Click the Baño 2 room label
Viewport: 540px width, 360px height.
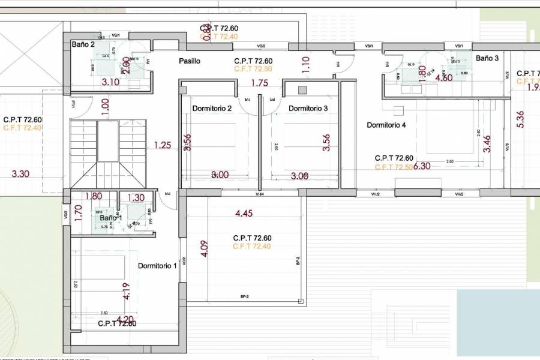(x=83, y=44)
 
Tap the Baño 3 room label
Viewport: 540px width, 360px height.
(x=487, y=58)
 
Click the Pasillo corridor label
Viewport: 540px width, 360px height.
(x=190, y=61)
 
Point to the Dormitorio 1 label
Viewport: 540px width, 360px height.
(x=158, y=266)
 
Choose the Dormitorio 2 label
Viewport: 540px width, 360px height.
(x=212, y=109)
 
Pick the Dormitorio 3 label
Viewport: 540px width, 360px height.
(x=308, y=109)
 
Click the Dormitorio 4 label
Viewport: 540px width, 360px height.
(x=386, y=125)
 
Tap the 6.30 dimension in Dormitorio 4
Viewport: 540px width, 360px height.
(x=422, y=166)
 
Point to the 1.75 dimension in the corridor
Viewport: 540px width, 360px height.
(x=259, y=83)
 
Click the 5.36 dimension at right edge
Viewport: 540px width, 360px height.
(x=520, y=119)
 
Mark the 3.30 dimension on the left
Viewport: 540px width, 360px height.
(x=21, y=174)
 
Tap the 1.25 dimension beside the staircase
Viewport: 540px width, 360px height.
(x=163, y=145)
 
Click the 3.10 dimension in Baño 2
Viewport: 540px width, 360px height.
(x=110, y=82)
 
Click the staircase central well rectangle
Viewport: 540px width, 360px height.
(x=108, y=141)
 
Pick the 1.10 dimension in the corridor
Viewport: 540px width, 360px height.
(x=306, y=65)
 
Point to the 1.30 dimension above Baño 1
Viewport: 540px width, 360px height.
(x=136, y=197)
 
